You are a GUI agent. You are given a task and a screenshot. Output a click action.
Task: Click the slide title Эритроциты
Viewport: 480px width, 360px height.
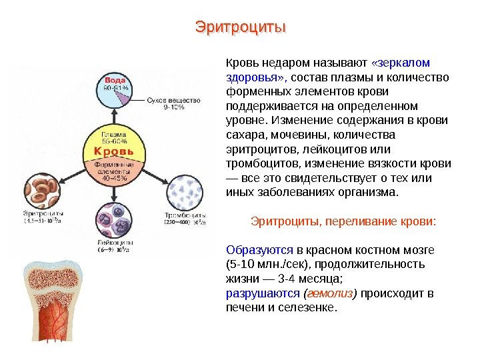pyautogui.click(x=240, y=28)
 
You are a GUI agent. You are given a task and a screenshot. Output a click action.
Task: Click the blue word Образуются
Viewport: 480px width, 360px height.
pyautogui.click(x=260, y=250)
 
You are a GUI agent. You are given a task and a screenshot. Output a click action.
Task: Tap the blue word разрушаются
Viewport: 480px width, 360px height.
pyautogui.click(x=263, y=293)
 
